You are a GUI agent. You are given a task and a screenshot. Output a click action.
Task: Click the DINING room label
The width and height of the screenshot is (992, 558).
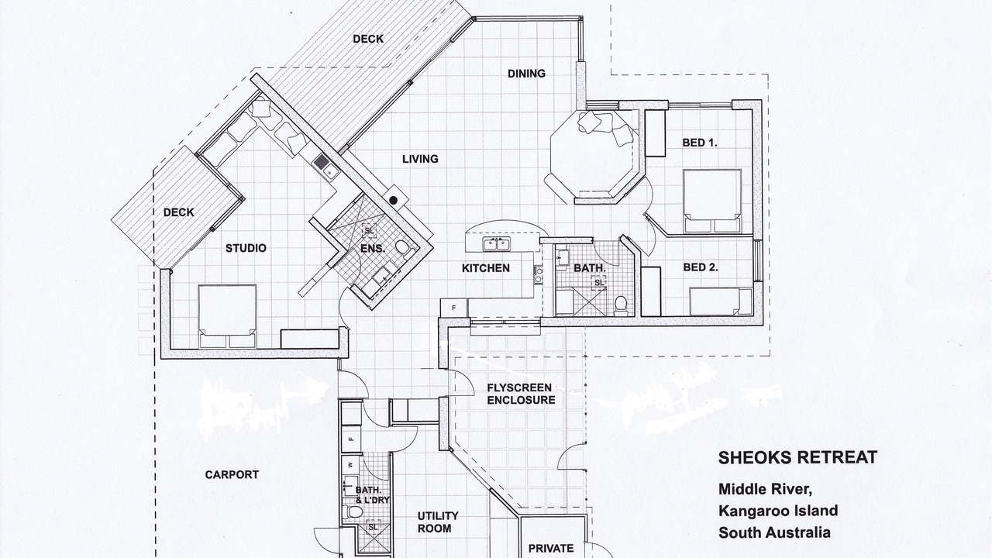[x=526, y=74]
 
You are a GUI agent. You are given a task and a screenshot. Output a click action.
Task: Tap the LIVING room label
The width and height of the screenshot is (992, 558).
[x=420, y=159]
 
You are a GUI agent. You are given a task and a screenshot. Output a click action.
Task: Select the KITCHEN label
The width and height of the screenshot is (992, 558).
[x=486, y=268]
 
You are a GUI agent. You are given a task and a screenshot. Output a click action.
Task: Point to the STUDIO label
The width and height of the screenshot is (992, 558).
[x=246, y=248]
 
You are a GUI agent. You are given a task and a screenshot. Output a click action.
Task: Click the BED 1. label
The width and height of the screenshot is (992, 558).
[x=700, y=143]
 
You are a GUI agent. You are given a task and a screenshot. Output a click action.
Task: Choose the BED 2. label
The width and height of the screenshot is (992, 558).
[x=701, y=267]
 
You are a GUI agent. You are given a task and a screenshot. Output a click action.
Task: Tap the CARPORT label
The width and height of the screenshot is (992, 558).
[x=232, y=475]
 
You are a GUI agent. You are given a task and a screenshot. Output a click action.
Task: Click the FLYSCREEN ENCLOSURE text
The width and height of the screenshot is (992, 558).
[x=521, y=394]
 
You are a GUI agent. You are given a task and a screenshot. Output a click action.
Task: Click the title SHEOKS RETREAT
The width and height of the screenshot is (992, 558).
[x=797, y=457]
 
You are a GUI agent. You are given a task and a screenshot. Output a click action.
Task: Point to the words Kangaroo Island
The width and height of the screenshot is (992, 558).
[x=778, y=511]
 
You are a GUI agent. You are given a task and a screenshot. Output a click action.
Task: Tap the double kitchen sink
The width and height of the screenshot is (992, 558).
[x=497, y=244]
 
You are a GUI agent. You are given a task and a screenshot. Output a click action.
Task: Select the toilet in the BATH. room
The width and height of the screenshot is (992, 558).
[x=621, y=305]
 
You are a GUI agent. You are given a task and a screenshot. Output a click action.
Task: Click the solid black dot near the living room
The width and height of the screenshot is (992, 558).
[x=393, y=200]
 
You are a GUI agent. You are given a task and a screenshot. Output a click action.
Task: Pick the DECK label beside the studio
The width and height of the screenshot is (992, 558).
[x=179, y=212]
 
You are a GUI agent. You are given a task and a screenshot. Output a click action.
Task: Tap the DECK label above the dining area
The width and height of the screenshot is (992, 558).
[x=368, y=39]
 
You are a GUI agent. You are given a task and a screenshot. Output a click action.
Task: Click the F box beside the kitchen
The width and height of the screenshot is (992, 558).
[x=453, y=308]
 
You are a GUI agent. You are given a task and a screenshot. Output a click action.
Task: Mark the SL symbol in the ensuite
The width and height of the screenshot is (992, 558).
[x=370, y=231]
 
